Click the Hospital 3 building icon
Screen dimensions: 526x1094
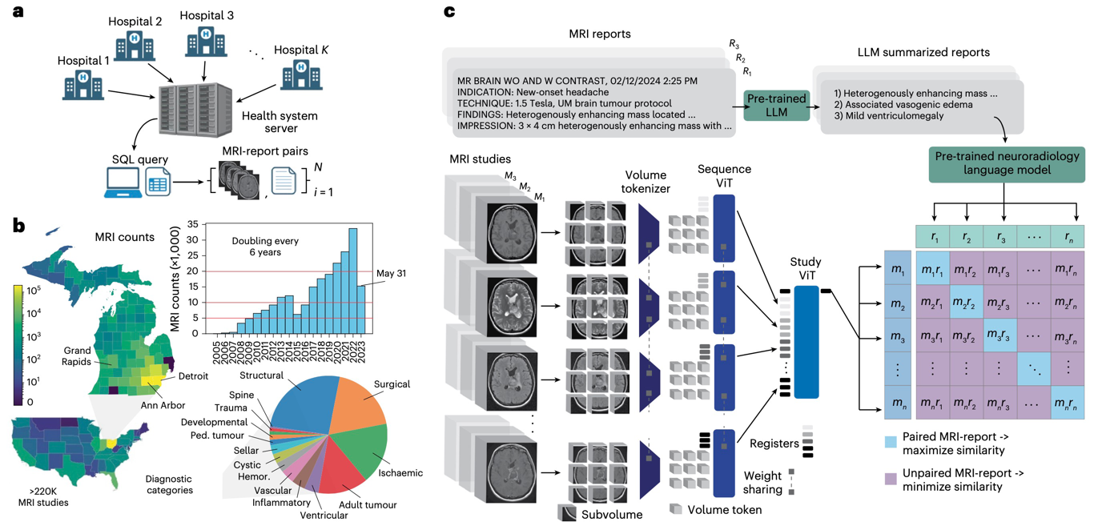click(x=206, y=42)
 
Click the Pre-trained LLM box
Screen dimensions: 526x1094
click(x=777, y=104)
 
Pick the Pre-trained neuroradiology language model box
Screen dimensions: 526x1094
click(x=1004, y=164)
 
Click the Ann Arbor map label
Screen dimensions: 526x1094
click(x=163, y=405)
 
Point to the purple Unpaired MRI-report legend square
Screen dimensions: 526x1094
click(x=890, y=479)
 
